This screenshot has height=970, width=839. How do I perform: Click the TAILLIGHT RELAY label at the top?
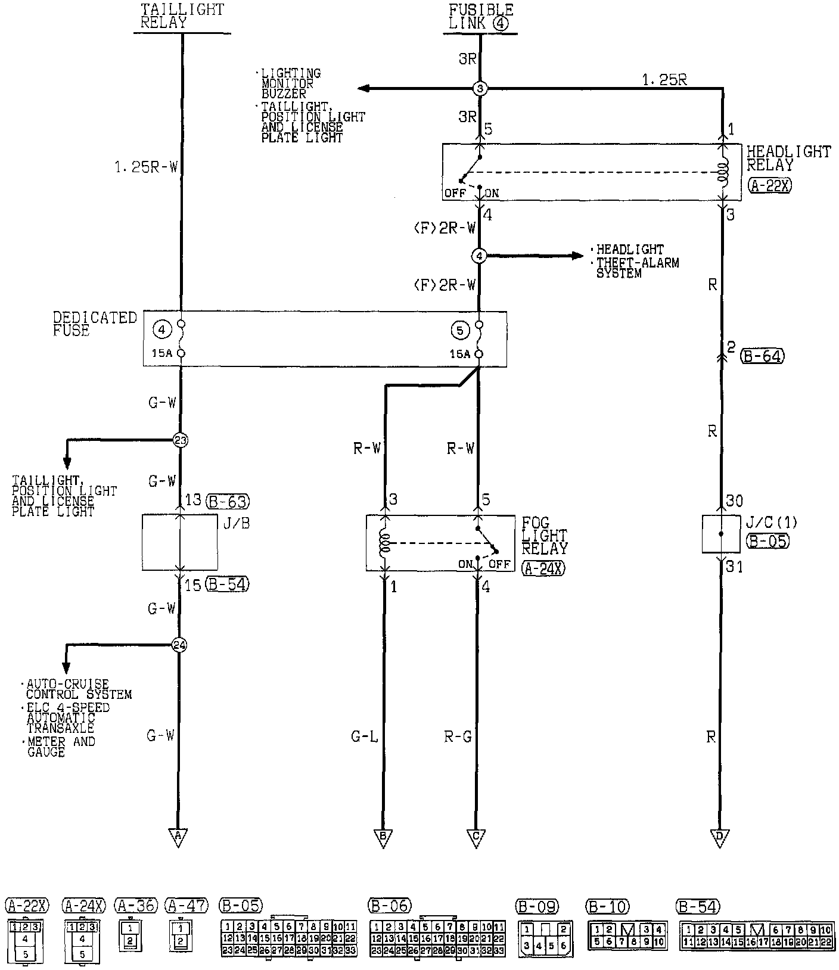click(182, 17)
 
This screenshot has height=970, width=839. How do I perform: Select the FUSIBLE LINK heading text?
click(480, 17)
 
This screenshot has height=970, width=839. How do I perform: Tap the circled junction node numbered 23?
click(180, 440)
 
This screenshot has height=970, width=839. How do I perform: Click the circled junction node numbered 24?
click(179, 645)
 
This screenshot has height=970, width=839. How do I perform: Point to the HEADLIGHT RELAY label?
click(788, 158)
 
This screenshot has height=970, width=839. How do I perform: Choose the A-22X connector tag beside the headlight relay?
click(769, 185)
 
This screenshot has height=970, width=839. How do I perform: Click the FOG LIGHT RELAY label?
click(545, 535)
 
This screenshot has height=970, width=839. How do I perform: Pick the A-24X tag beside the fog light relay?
click(543, 568)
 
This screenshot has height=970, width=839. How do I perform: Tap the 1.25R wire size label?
click(664, 80)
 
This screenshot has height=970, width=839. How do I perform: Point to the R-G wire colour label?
click(457, 737)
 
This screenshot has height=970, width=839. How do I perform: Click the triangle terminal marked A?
click(178, 837)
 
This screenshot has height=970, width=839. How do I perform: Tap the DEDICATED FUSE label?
click(95, 324)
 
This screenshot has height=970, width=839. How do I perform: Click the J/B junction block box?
click(179, 543)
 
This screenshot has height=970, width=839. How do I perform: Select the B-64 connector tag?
click(762, 356)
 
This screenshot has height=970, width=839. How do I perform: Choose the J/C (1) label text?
click(772, 524)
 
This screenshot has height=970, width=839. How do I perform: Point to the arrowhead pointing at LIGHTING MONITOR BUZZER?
click(363, 89)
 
